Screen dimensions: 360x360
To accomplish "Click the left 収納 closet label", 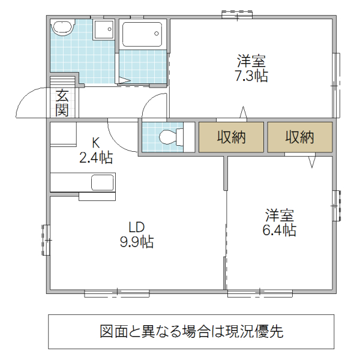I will click(231, 137).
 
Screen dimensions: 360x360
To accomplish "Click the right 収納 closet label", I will click(299, 137).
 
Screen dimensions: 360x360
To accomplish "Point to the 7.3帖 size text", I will click(251, 76).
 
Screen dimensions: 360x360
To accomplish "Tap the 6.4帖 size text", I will click(279, 230).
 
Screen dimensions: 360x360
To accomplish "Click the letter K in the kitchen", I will click(95, 143).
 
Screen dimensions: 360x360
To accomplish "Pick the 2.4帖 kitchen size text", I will click(96, 158).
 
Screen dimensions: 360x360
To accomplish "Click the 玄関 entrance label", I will click(62, 102).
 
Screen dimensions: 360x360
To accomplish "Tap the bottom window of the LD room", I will click(116, 293).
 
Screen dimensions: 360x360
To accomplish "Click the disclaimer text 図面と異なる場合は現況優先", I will click(191, 331).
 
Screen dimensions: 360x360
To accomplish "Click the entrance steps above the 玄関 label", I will click(63, 81).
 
